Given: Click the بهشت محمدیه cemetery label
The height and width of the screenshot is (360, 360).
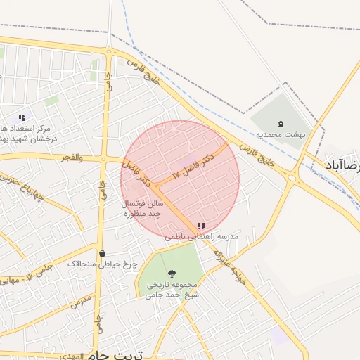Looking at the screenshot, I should [x=281, y=134].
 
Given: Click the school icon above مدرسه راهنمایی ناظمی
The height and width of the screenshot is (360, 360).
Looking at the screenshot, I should [x=201, y=226].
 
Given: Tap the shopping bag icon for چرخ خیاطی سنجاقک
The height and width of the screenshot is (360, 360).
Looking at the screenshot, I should [x=103, y=254].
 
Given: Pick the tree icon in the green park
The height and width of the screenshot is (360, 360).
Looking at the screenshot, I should [x=172, y=274].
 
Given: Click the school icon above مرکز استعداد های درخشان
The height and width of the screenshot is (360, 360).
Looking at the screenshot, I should [x=22, y=117].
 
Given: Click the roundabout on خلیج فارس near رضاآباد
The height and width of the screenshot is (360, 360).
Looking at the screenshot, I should [x=292, y=177].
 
